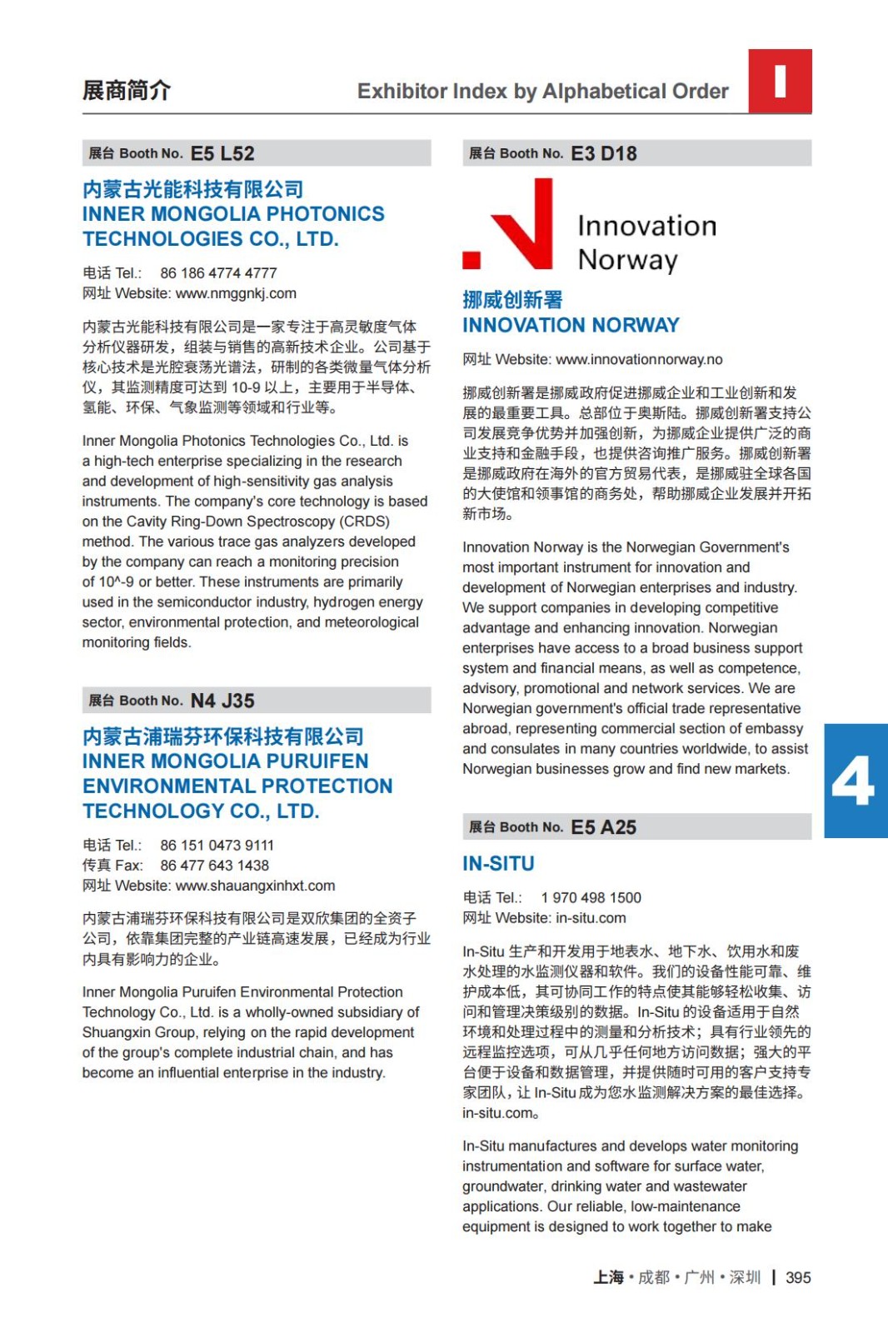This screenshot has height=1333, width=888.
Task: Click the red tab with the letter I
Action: point(780,81)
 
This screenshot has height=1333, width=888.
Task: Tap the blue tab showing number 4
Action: point(855,781)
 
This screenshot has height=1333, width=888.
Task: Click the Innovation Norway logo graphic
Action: point(590,225)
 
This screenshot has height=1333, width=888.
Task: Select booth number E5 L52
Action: point(222,153)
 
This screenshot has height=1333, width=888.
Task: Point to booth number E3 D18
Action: point(603,153)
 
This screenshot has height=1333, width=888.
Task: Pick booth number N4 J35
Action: point(222,701)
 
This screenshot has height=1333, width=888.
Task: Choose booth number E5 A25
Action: point(603,827)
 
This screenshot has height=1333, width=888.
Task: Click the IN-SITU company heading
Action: point(498,863)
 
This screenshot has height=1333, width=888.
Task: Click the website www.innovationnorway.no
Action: point(639,359)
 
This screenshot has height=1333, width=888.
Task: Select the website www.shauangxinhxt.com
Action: point(255,886)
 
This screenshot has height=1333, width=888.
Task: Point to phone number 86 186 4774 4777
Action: point(218,273)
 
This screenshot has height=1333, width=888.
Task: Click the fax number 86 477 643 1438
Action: point(214,866)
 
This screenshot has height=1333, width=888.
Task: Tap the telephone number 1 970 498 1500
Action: point(591,897)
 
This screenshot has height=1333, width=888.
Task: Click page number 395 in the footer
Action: point(798,1277)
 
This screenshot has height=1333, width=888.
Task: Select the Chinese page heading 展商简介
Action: point(127,90)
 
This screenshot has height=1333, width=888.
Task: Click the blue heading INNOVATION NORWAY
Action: point(571,325)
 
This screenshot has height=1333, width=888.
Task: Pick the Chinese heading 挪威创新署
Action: point(512,300)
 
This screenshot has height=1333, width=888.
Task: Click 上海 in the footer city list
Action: point(608,1277)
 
